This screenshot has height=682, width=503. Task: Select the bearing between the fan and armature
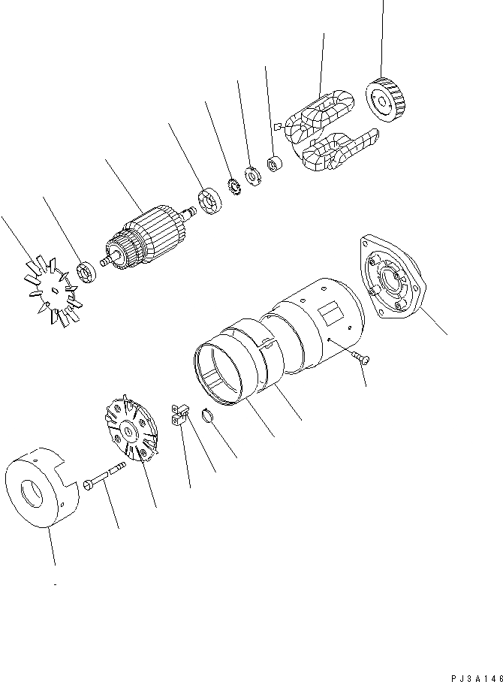(x=87, y=272)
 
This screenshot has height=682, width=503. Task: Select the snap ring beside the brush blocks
(x=209, y=415)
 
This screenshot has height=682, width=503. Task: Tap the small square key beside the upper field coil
(x=277, y=127)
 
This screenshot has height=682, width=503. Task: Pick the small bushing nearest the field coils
(x=274, y=162)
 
